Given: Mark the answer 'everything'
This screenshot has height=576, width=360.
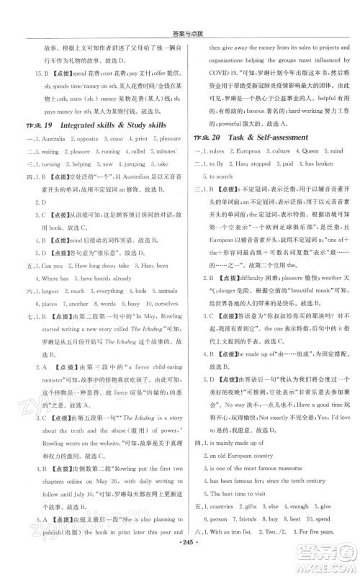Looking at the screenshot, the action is coord(109,292).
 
